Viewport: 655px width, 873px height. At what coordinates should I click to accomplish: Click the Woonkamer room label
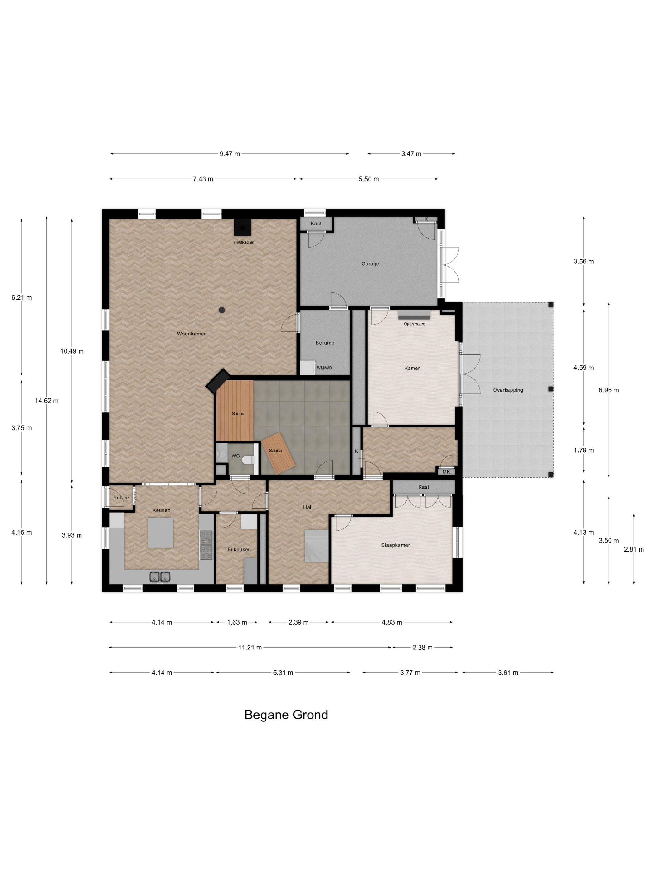coord(191,334)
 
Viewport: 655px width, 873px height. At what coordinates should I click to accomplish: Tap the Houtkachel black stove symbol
coord(243,228)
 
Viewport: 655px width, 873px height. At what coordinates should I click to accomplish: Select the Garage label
coord(370,264)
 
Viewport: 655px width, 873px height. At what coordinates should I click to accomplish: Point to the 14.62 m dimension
coord(46,401)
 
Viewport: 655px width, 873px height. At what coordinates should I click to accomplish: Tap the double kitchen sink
coord(160,577)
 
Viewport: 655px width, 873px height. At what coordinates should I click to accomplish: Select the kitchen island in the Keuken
coord(160,533)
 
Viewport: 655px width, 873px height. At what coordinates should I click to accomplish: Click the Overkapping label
coord(508,390)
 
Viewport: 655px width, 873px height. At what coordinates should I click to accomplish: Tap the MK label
coord(446,472)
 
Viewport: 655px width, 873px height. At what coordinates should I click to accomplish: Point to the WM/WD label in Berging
coord(324,368)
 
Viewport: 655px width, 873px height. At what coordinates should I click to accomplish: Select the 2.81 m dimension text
coord(633,549)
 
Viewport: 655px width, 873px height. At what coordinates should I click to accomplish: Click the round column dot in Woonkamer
coord(222,310)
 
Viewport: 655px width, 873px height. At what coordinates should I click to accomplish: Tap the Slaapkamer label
coord(395,545)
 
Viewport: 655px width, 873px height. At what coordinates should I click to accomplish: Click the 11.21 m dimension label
coord(250,647)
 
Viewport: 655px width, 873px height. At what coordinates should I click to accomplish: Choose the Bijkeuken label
coord(239,549)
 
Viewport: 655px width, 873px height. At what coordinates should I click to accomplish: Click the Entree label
coord(121,498)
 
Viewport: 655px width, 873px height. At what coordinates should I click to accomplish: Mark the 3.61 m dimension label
coord(508,673)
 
